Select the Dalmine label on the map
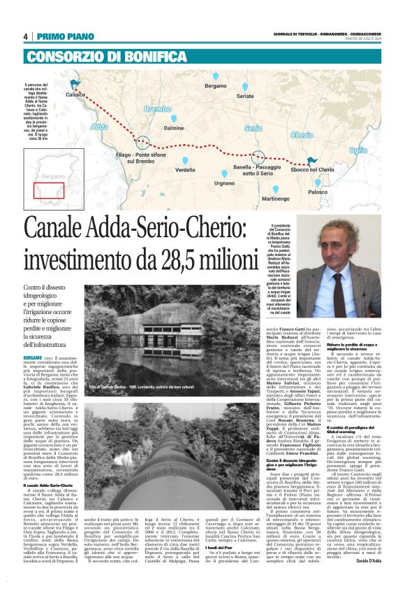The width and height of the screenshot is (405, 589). tap(173, 129)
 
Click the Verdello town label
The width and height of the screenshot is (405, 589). tap(185, 170)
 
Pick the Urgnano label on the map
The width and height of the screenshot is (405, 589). tap(224, 183)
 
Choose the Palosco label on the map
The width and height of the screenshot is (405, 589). tap(317, 192)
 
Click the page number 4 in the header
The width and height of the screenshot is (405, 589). tap(26, 37)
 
